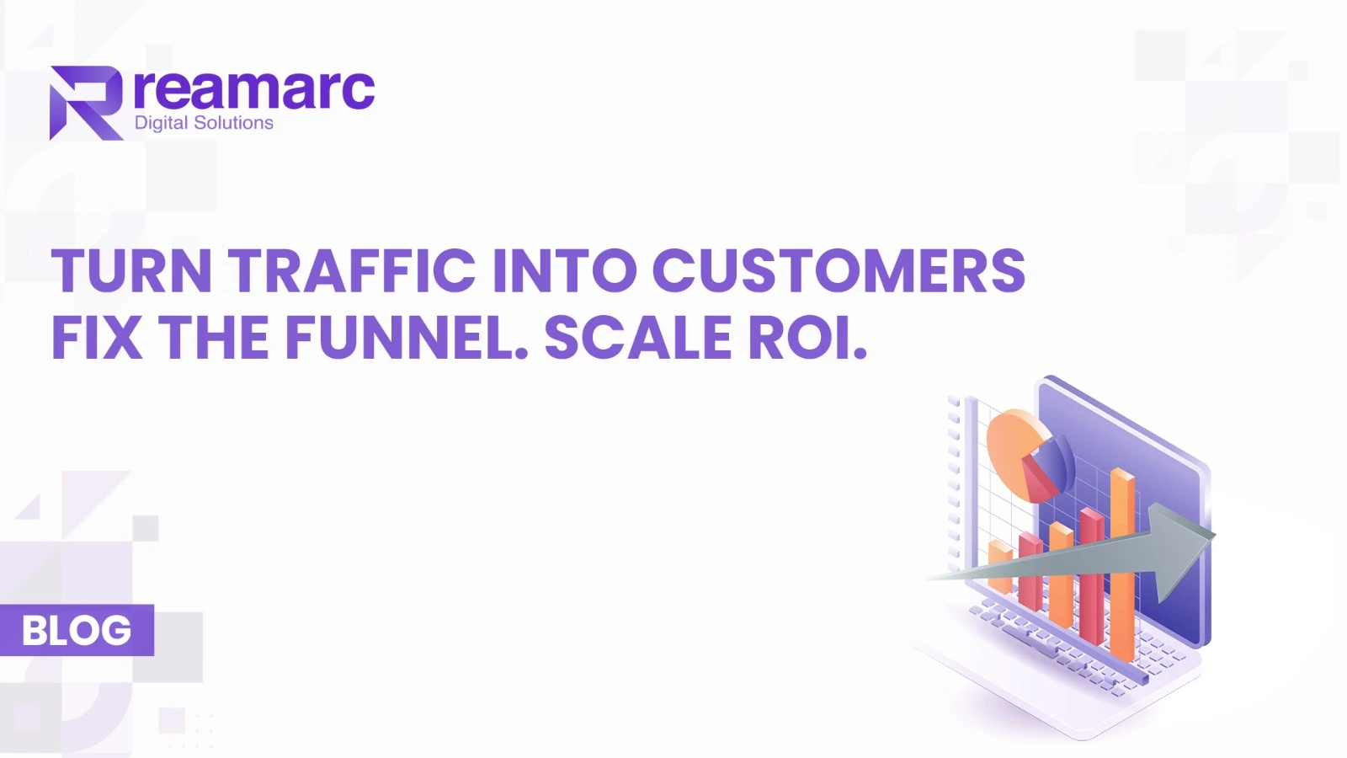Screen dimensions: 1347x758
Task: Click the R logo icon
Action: [87, 103]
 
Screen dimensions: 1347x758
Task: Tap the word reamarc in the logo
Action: [254, 89]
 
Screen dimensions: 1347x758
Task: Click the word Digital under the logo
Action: [161, 123]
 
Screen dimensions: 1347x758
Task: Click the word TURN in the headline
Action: [131, 270]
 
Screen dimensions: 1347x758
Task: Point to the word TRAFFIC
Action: [352, 270]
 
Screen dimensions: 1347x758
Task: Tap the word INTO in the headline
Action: [565, 270]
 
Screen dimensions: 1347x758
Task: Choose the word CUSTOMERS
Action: [839, 270]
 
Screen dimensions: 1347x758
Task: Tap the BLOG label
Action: [77, 630]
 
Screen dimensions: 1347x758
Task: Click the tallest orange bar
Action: [1122, 564]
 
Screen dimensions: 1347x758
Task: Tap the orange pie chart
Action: [1019, 452]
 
